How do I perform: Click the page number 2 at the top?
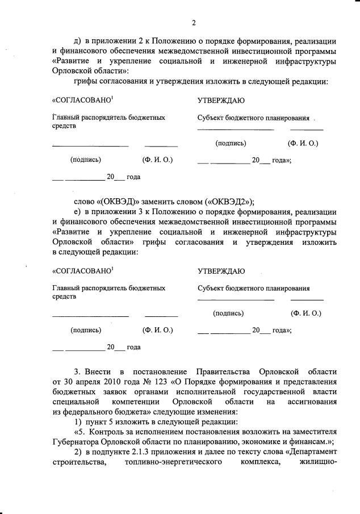point(194,23)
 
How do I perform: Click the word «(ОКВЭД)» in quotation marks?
point(120,202)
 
